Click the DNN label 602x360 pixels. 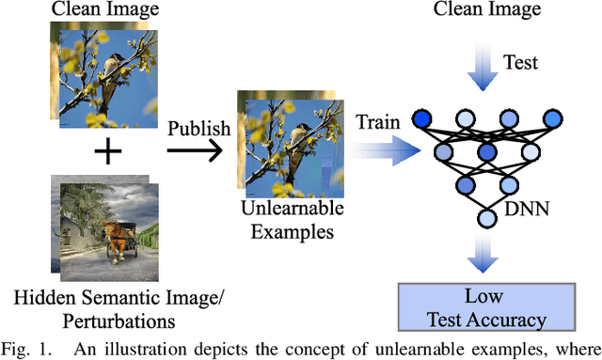[x=531, y=212]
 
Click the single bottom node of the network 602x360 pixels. [x=486, y=219]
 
